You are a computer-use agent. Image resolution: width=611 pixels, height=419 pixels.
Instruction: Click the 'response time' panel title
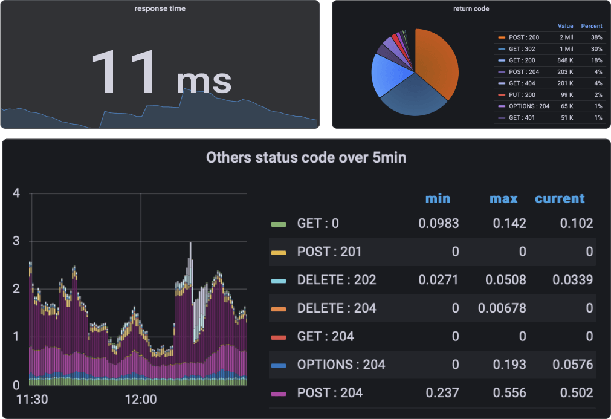(160, 9)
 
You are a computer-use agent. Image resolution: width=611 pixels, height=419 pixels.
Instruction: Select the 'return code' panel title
(471, 9)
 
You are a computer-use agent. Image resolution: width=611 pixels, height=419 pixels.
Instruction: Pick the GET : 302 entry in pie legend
(523, 49)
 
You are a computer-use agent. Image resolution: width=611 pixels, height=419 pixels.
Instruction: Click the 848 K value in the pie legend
(564, 60)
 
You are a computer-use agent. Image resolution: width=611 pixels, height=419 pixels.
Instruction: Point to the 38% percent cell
(596, 37)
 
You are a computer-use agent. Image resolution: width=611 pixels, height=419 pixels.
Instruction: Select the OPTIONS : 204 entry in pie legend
(529, 106)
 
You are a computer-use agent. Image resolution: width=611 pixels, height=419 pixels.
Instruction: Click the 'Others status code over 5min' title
(306, 158)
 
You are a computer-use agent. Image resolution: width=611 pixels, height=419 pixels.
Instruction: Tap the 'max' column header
(503, 198)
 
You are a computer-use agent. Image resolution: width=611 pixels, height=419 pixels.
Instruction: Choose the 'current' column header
(560, 198)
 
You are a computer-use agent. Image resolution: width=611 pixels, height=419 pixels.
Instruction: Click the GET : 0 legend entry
(318, 224)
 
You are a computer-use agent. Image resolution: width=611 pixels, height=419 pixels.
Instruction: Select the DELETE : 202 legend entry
(336, 280)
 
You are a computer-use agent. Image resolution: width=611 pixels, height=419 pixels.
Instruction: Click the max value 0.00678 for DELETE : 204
(502, 308)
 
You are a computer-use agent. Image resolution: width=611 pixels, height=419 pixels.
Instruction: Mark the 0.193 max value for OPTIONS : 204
(509, 365)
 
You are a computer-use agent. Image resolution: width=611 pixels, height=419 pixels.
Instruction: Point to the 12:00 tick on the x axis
(141, 400)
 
